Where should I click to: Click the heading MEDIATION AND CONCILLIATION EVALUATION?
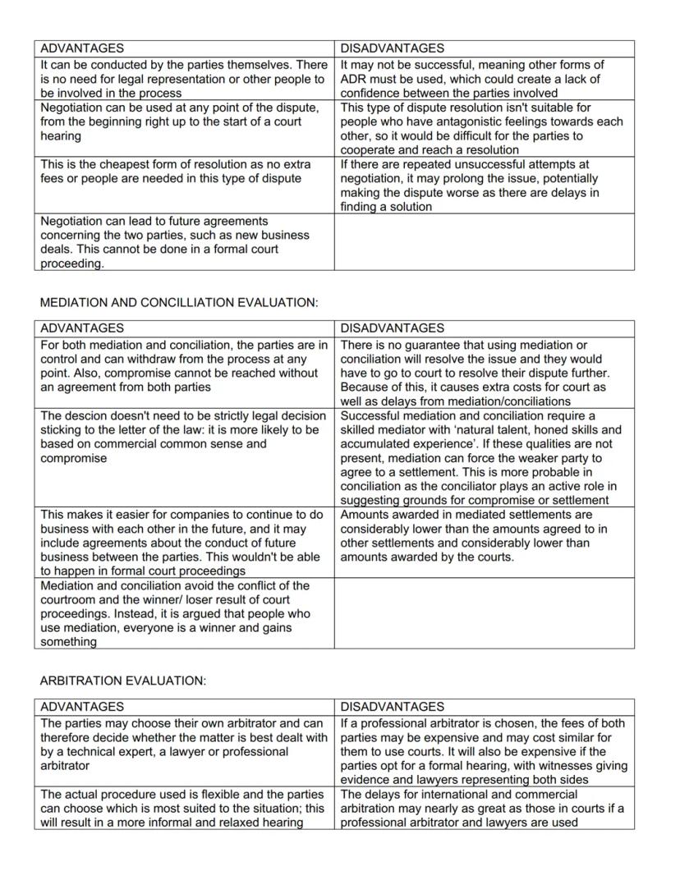click(x=178, y=303)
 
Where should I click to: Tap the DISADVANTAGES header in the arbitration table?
click(x=392, y=706)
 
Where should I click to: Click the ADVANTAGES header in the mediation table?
click(x=82, y=328)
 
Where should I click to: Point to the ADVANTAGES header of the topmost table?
click(x=82, y=48)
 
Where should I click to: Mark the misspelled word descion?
click(x=86, y=416)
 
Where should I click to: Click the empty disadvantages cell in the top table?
click(x=484, y=241)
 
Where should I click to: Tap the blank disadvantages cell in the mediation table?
click(x=484, y=613)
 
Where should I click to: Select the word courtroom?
click(x=67, y=600)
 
